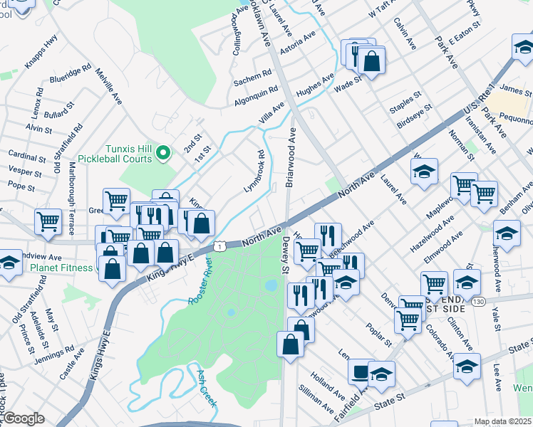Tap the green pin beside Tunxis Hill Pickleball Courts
163,152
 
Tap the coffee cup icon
361,371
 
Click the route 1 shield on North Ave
221,246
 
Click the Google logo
23,418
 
